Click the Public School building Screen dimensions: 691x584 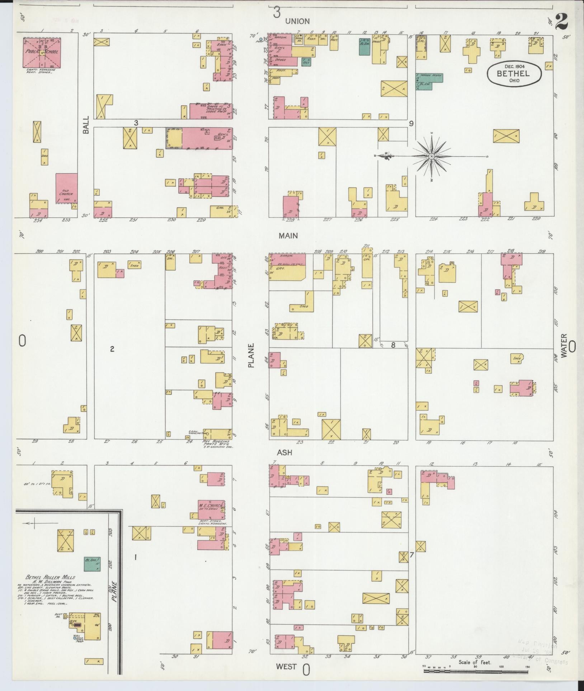[x=42, y=53]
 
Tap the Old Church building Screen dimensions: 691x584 [x=67, y=189]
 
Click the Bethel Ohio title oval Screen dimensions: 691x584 [x=514, y=74]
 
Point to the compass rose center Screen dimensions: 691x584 [x=432, y=156]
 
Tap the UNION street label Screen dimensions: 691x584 [x=297, y=22]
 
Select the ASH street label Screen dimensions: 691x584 [x=284, y=453]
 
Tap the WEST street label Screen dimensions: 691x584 [x=286, y=666]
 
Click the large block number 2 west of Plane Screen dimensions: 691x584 [x=112, y=349]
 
